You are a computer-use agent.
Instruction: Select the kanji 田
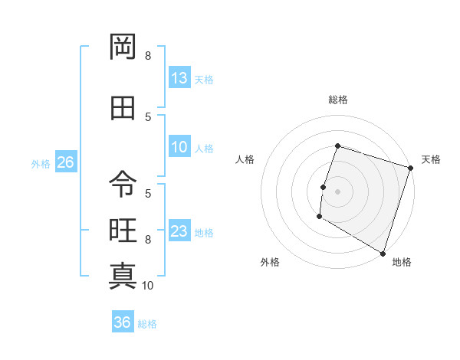pyautogui.click(x=123, y=107)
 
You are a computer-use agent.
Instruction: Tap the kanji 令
pyautogui.click(x=123, y=184)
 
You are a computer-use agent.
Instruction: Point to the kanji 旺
pyautogui.click(x=123, y=230)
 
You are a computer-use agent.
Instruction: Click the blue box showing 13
pyautogui.click(x=179, y=78)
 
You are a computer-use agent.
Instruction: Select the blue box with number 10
pyautogui.click(x=179, y=147)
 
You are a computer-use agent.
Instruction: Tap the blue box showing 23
pyautogui.click(x=179, y=231)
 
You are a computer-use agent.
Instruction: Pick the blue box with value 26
pyautogui.click(x=65, y=162)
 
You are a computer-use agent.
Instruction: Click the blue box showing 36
pyautogui.click(x=123, y=322)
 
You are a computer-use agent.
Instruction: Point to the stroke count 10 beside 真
pyautogui.click(x=148, y=286)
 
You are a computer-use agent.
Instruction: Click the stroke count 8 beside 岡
pyautogui.click(x=148, y=56)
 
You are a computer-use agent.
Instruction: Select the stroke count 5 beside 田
pyautogui.click(x=148, y=117)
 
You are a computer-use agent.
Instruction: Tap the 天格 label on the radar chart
pyautogui.click(x=431, y=159)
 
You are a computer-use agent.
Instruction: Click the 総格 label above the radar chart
pyautogui.click(x=337, y=100)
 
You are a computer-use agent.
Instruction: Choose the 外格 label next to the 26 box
pyautogui.click(x=40, y=163)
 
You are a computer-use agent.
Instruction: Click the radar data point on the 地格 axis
pyautogui.click(x=383, y=253)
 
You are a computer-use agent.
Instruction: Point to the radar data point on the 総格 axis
pyautogui.click(x=337, y=146)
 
